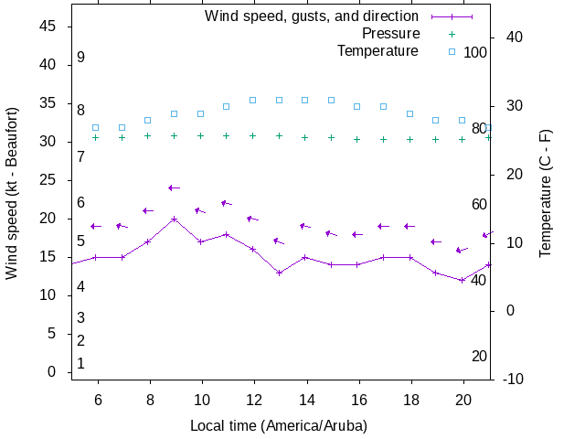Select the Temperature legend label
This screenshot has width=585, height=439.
point(378,51)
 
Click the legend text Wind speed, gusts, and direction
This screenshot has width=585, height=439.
point(312,16)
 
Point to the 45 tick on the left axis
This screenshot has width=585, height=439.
point(48,27)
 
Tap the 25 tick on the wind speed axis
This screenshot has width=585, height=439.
point(48,181)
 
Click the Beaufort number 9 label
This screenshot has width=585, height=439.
point(80,58)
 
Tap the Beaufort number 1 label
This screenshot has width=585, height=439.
point(80,364)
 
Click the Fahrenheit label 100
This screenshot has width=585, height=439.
point(475,52)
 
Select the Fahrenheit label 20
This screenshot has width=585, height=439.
point(479,357)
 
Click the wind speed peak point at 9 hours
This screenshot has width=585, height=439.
point(174,219)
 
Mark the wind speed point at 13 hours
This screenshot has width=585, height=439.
point(280,273)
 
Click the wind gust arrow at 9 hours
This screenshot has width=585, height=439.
point(174,188)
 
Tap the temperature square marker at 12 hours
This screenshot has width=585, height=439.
point(253,100)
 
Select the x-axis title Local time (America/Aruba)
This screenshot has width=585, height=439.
point(278,426)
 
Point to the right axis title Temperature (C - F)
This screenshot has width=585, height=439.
point(546,193)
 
